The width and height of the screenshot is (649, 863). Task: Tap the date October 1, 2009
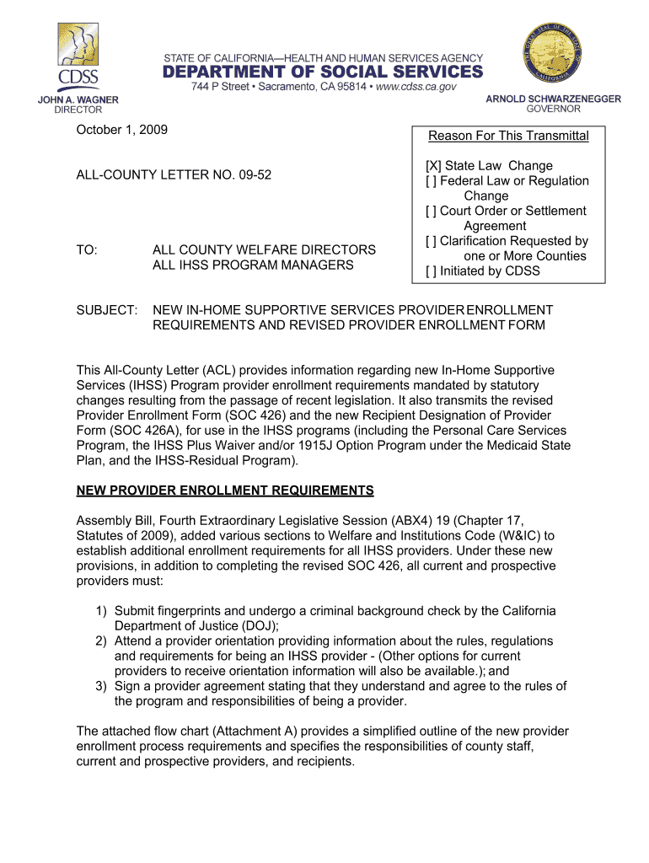pos(122,130)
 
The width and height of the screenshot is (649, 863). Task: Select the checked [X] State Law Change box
pos(433,166)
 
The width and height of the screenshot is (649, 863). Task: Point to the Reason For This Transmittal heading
pos(508,137)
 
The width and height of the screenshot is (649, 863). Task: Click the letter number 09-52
pos(255,175)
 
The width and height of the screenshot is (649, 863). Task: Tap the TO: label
pos(87,250)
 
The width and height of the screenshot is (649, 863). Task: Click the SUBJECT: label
pos(107,311)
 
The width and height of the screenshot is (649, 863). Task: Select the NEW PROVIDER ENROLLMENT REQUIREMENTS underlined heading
pos(225,490)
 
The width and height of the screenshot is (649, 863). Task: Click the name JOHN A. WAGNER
pos(78,99)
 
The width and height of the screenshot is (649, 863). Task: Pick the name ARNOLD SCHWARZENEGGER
pos(553,99)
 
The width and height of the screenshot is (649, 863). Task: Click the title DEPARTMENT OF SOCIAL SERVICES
pos(323,72)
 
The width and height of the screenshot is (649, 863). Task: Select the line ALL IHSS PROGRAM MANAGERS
pos(253,265)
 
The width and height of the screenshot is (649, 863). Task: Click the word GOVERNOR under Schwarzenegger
pos(553,110)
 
